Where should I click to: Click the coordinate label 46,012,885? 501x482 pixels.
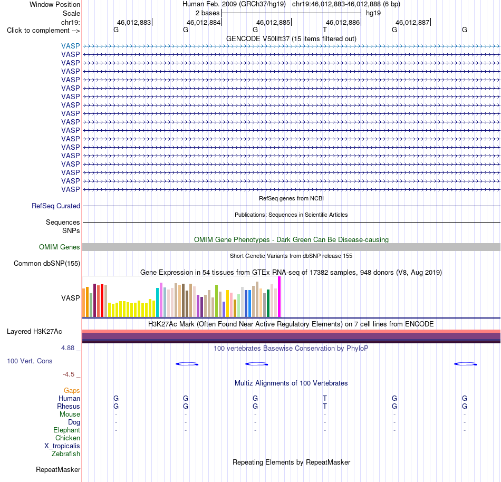(x=273, y=22)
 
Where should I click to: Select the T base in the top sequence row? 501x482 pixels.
(x=325, y=30)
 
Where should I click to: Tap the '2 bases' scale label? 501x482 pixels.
(x=208, y=13)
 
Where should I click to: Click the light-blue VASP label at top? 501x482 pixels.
(x=71, y=46)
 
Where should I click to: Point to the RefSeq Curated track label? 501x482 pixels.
(x=56, y=206)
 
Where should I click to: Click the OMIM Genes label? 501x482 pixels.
(x=60, y=247)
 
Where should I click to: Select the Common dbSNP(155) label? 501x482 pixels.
(x=47, y=264)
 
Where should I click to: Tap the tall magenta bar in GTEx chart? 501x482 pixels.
(x=280, y=297)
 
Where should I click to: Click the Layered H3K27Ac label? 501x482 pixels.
(x=34, y=332)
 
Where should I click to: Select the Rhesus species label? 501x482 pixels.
(x=69, y=406)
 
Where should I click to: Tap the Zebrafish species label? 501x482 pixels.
(x=66, y=454)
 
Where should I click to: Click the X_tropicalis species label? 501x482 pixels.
(x=62, y=446)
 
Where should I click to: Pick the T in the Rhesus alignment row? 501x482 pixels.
(x=325, y=406)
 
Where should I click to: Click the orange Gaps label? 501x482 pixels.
(x=72, y=391)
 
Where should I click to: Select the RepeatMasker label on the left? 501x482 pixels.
(x=58, y=469)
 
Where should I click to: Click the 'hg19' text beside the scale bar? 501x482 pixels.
(x=373, y=13)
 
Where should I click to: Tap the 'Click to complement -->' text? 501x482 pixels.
(x=43, y=31)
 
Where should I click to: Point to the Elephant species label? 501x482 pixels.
(x=67, y=430)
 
